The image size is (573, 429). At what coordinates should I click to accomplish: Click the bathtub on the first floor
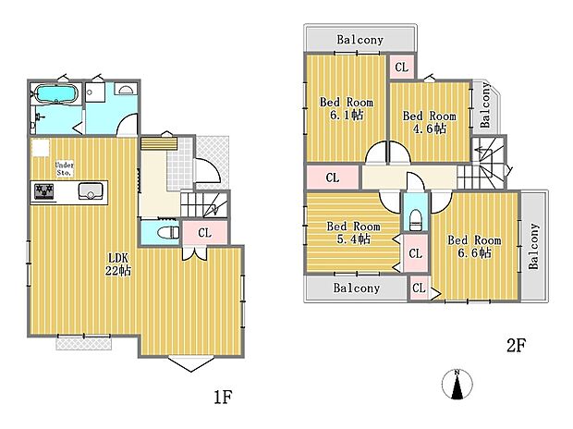(55, 94)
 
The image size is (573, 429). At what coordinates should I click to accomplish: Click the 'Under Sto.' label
(65, 168)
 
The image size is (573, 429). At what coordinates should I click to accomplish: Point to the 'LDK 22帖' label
(117, 264)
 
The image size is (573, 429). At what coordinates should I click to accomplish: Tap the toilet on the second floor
(416, 219)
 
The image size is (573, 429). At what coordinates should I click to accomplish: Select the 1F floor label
(223, 397)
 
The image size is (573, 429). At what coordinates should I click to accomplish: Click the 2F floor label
(516, 345)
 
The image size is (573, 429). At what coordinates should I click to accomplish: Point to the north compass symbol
(457, 385)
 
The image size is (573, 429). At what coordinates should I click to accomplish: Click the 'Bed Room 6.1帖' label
(347, 108)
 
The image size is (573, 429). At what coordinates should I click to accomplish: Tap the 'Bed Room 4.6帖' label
(430, 122)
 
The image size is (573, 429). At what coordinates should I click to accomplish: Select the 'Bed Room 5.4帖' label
(353, 233)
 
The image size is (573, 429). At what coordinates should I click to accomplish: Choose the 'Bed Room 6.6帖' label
(474, 247)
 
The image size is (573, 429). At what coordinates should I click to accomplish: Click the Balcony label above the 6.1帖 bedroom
(360, 40)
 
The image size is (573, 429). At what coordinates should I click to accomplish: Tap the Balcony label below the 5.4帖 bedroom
(357, 288)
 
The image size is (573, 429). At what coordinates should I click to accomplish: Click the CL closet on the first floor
(204, 233)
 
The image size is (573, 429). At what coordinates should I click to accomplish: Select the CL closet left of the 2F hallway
(332, 178)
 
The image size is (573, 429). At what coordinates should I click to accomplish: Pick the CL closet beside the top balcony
(401, 67)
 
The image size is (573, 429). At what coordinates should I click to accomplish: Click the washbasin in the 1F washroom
(126, 90)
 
